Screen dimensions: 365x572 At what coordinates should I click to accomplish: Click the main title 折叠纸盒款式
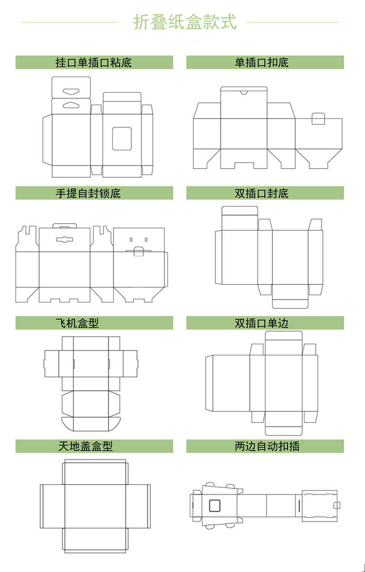185,22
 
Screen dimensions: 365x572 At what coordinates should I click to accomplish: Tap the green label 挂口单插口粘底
94,62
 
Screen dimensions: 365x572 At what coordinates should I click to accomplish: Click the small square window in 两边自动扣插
215,505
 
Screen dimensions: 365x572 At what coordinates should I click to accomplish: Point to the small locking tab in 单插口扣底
318,118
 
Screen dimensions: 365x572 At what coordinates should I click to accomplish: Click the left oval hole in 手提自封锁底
131,240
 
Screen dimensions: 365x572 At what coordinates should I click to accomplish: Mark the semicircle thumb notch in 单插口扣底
244,91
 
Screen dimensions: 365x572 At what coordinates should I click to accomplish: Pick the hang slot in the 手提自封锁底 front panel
64,239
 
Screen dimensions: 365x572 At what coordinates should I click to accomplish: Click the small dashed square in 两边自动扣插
335,507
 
